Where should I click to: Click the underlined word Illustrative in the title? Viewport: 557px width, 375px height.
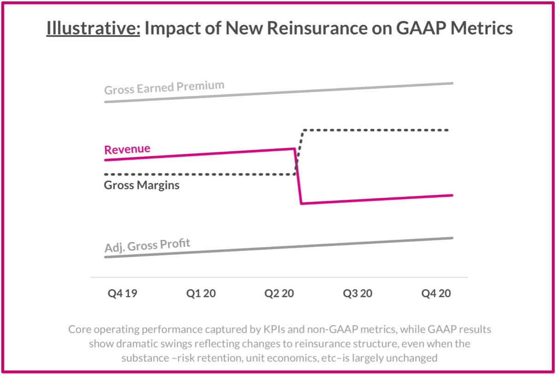point(93,29)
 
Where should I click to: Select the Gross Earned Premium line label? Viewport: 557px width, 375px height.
point(164,88)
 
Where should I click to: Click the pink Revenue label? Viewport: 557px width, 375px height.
point(127,150)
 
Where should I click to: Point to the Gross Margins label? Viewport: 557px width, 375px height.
point(142,186)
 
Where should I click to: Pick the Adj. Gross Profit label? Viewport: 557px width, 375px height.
point(147,246)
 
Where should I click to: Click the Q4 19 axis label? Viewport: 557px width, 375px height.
point(123,293)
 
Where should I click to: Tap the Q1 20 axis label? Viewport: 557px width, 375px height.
point(201,293)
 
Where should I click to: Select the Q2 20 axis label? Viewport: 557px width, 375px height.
point(279,293)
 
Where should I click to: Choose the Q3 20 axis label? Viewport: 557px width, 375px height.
point(358,293)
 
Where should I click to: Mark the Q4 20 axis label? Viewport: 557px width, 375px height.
point(436,293)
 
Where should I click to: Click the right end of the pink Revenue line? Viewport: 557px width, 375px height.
point(452,195)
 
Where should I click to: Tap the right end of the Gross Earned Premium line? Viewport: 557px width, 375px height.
point(452,83)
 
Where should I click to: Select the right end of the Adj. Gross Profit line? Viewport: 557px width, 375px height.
point(452,238)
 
